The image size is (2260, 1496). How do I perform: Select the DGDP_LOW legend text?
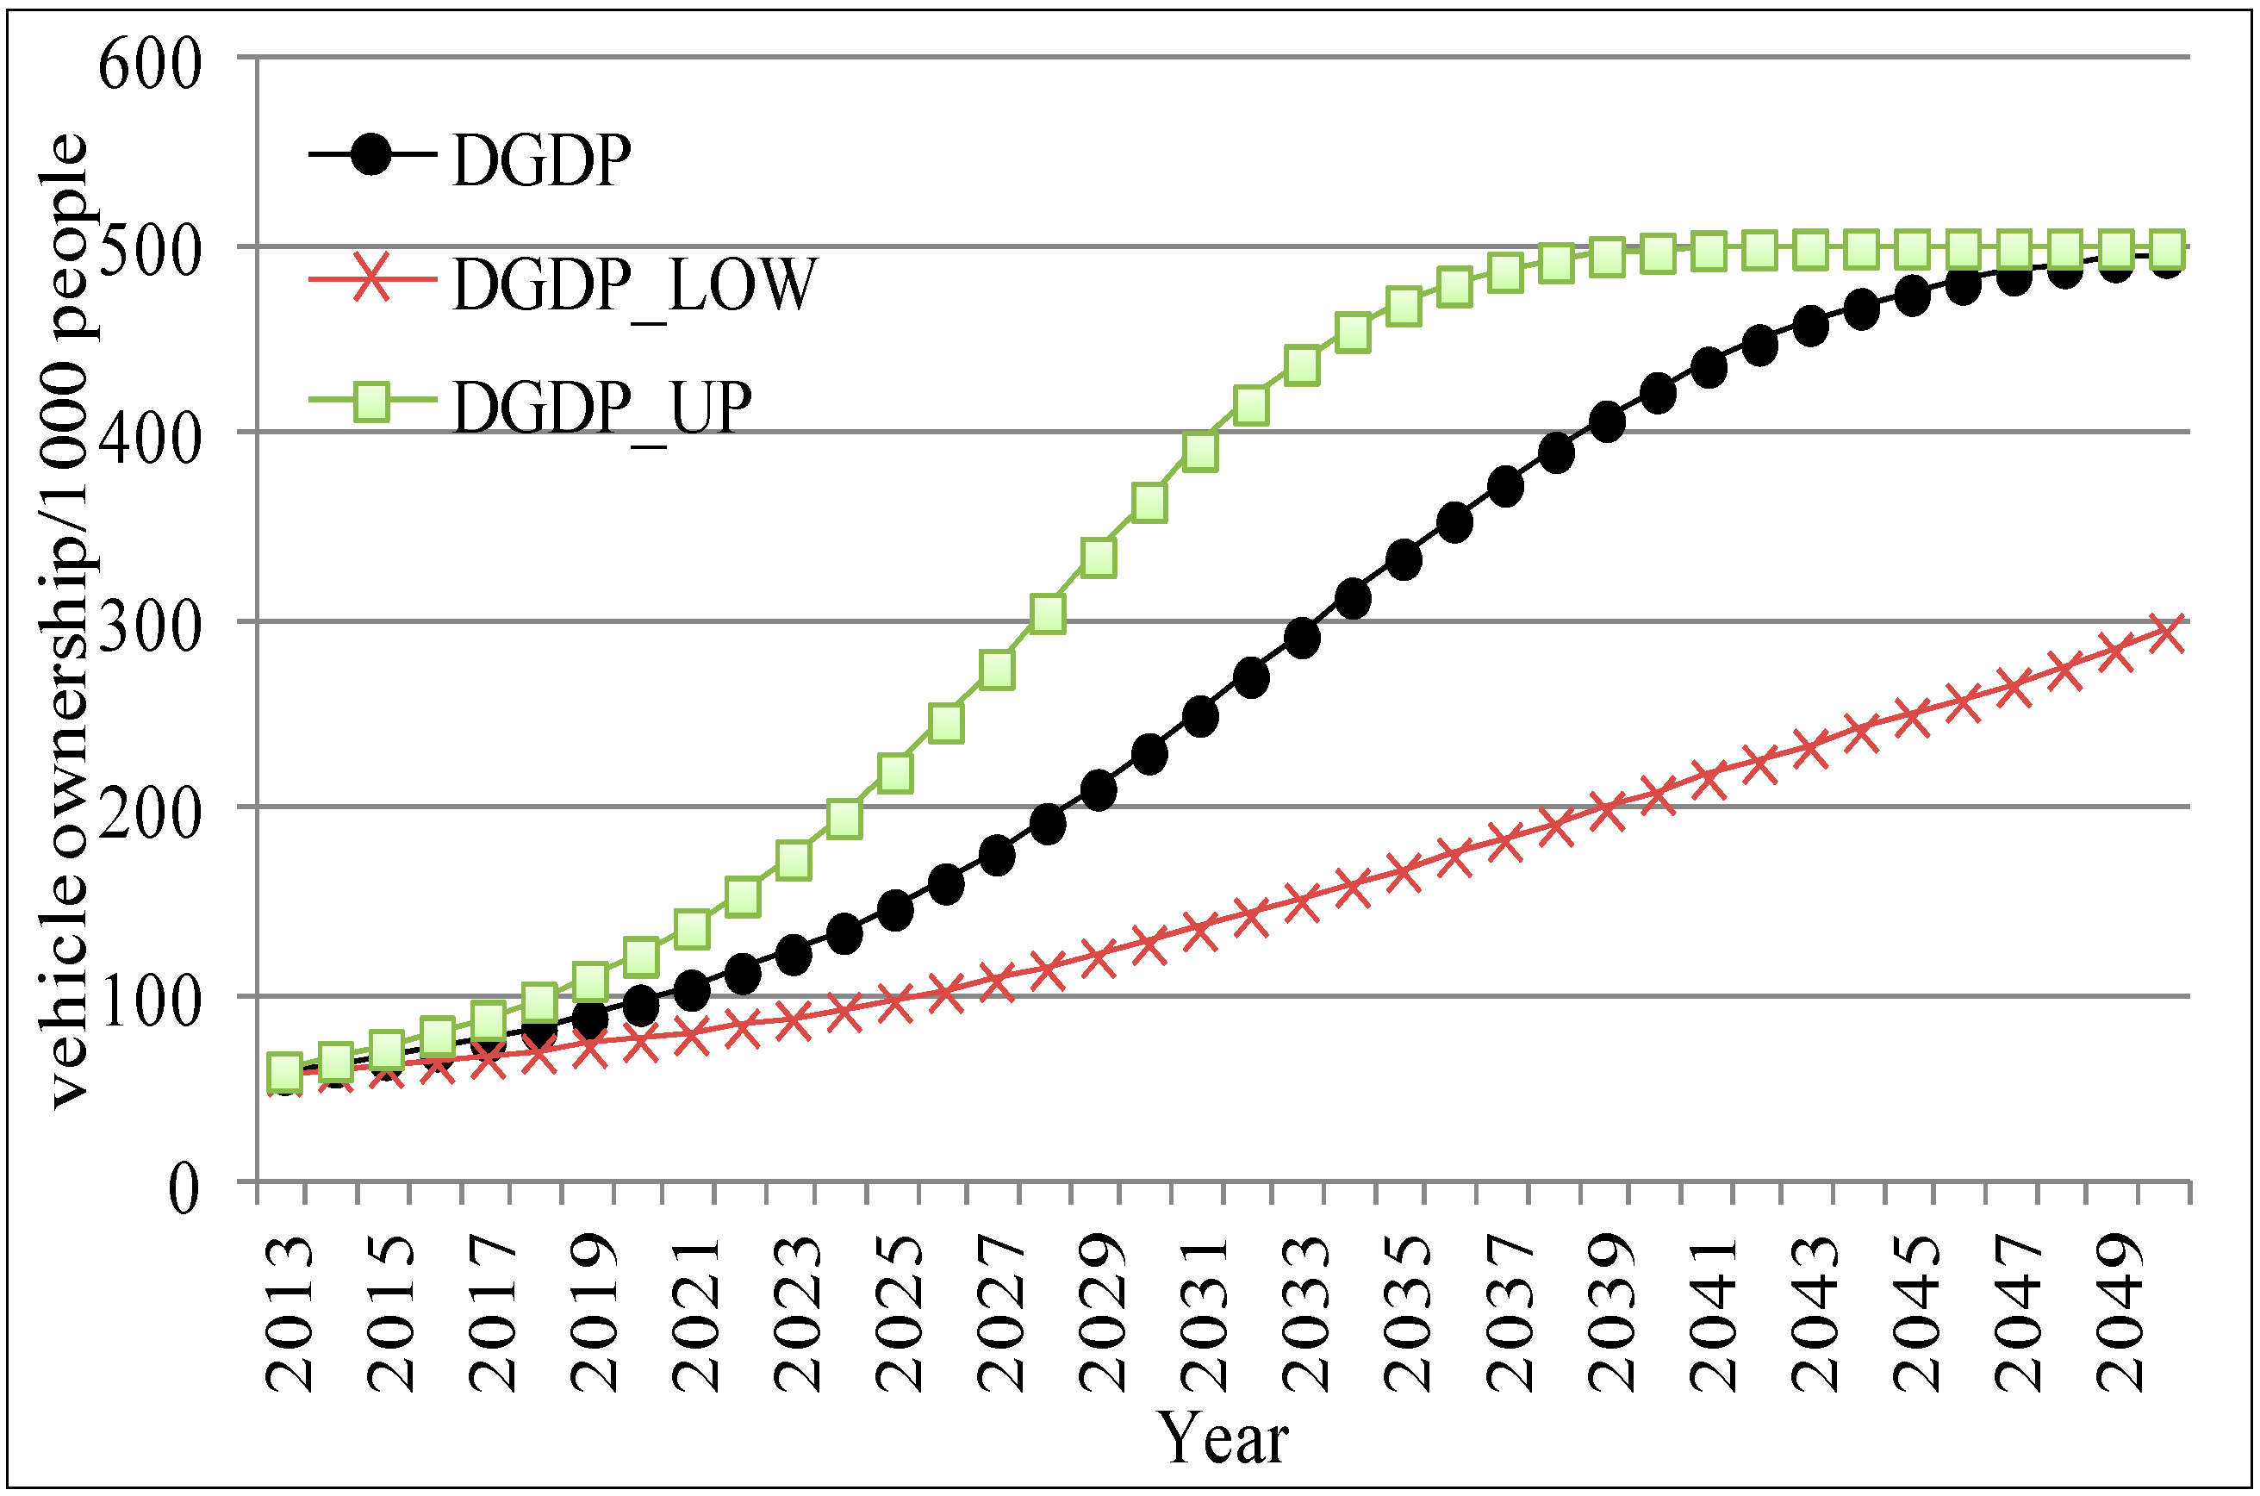(x=634, y=284)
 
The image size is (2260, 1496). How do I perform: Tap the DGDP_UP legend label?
(x=602, y=408)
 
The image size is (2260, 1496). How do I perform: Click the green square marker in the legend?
(x=371, y=402)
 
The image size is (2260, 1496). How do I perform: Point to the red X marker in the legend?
(x=371, y=278)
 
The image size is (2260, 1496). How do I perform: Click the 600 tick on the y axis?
(x=150, y=65)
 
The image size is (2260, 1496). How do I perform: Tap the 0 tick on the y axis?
(x=184, y=1189)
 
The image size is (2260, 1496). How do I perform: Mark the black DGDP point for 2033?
(x=1302, y=638)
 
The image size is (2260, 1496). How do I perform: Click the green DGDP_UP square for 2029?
(x=1099, y=558)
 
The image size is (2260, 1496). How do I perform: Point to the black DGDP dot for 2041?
(x=1709, y=368)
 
